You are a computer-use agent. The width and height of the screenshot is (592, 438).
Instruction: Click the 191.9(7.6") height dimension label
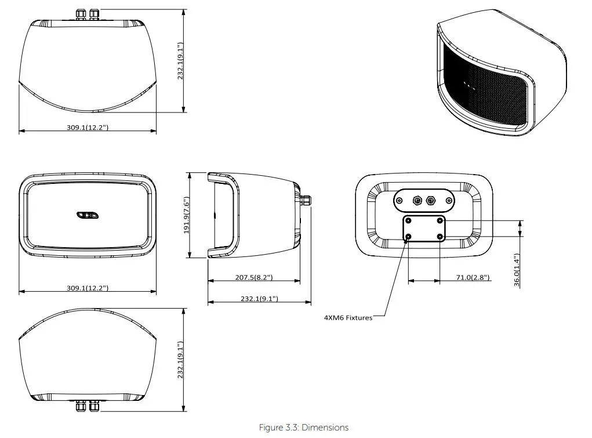[187, 215]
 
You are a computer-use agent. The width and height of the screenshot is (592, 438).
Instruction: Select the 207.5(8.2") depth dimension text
[253, 278]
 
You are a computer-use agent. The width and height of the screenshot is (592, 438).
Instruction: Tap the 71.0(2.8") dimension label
[473, 278]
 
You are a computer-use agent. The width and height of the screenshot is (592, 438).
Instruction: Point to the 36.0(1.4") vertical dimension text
[517, 270]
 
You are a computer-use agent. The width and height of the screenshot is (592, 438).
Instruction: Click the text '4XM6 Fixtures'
[348, 317]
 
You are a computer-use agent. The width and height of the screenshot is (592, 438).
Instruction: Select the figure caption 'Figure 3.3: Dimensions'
[304, 428]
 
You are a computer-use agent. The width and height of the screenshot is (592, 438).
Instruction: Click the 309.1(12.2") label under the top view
[87, 127]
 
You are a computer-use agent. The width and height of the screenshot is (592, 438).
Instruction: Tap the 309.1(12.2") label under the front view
[87, 288]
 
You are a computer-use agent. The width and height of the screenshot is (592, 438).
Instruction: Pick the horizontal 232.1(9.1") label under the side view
[259, 299]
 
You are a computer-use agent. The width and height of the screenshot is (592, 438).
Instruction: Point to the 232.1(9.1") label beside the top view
[180, 61]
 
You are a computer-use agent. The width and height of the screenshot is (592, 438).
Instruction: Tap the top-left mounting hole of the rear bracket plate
[409, 220]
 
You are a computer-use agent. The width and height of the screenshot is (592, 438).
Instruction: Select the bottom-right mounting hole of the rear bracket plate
[440, 237]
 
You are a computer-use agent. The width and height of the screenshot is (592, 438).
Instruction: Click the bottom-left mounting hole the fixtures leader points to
[409, 237]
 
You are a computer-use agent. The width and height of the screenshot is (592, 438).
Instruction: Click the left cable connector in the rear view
[416, 201]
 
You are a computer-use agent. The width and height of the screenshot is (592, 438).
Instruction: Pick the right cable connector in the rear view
[431, 201]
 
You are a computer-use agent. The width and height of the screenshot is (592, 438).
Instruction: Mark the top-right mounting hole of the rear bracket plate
[440, 220]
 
